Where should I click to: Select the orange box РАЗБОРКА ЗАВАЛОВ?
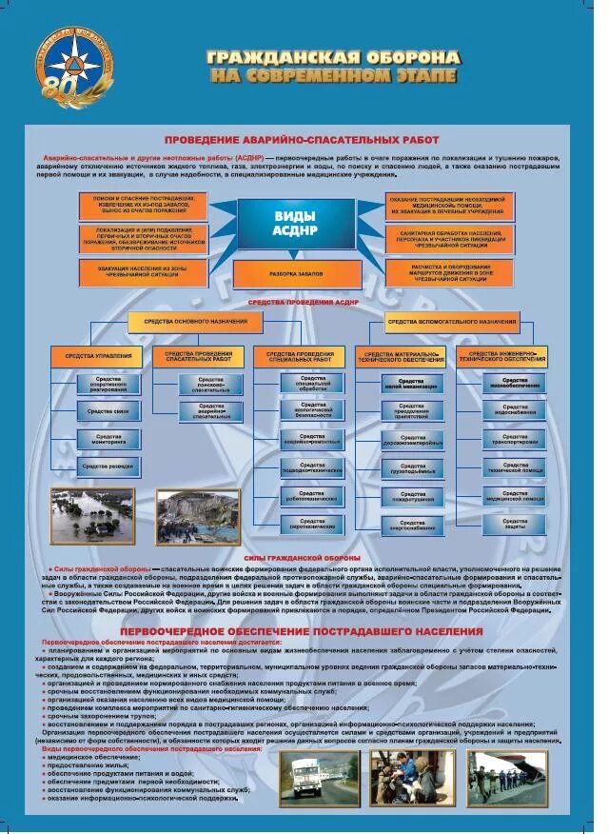point(297,273)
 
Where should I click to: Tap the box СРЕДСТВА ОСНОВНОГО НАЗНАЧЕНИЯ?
point(194,323)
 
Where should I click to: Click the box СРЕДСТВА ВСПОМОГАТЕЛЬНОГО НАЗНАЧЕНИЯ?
point(452,323)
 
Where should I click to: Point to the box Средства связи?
point(108,410)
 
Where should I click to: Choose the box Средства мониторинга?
point(108,439)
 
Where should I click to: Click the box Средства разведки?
point(108,467)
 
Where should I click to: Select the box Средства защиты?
point(515,525)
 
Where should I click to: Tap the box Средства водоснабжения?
point(515,410)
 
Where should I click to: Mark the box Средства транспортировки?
point(515,439)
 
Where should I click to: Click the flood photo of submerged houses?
point(92,515)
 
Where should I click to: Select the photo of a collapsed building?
point(198,516)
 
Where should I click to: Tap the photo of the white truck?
point(318,778)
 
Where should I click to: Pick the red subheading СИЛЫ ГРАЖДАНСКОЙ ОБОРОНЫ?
point(302,558)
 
